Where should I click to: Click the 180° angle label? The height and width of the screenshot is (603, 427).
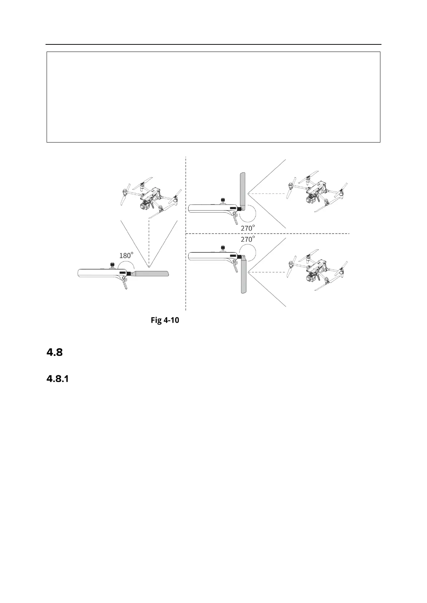[126, 255]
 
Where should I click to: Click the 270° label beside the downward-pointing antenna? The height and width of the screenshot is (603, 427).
[248, 239]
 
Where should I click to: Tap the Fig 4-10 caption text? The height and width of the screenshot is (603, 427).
[165, 320]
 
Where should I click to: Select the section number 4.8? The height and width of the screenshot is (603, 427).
[55, 353]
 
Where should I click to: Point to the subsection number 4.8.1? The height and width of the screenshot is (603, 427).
[58, 379]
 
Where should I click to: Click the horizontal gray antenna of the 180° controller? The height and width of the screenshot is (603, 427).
[151, 274]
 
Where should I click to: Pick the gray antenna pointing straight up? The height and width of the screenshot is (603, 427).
[242, 190]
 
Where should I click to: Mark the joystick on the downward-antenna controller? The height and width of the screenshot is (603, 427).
[223, 247]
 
